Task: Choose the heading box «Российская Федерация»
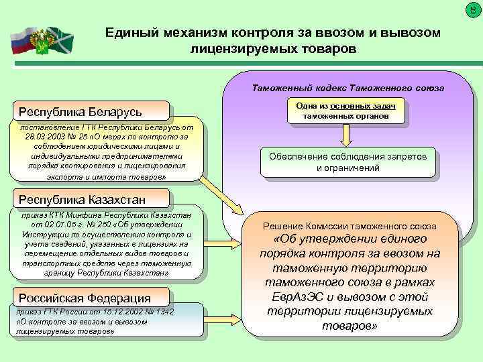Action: pyautogui.click(x=85, y=298)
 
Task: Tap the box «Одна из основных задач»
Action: pyautogui.click(x=345, y=111)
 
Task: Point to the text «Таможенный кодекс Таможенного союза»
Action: pyautogui.click(x=352, y=88)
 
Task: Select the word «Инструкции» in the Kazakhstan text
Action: pyautogui.click(x=45, y=235)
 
